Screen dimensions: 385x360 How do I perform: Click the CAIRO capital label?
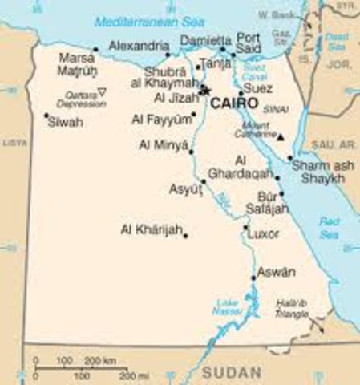(235, 104)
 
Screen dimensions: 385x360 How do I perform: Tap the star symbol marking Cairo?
(204, 91)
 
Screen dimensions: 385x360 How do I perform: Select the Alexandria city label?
(139, 46)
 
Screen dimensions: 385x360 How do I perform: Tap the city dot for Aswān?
(253, 278)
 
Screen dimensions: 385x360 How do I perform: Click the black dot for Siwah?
(47, 115)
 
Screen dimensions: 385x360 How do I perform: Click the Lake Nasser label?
(226, 306)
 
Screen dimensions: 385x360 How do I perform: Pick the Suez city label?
(257, 88)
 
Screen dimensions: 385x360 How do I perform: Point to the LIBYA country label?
(14, 142)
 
